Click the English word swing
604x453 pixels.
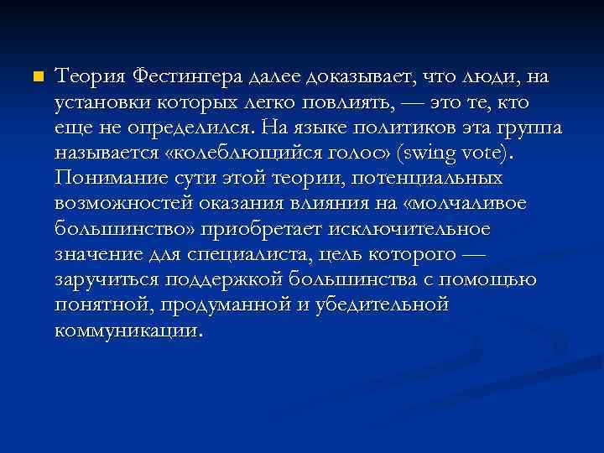pos(428,154)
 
